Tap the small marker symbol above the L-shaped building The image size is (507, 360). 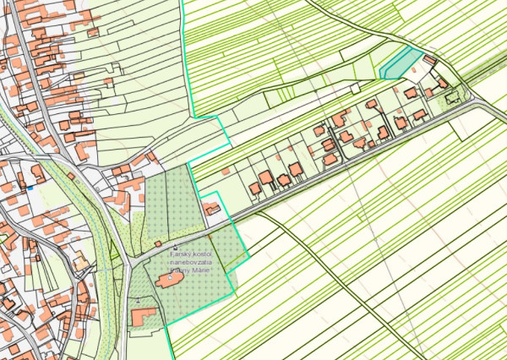(x=138, y=300)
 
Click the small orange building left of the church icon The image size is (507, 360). (x=157, y=243)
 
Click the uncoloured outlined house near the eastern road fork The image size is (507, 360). (x=452, y=96)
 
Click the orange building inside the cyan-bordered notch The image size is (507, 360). (x=211, y=207)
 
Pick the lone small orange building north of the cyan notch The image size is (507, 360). (x=226, y=172)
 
